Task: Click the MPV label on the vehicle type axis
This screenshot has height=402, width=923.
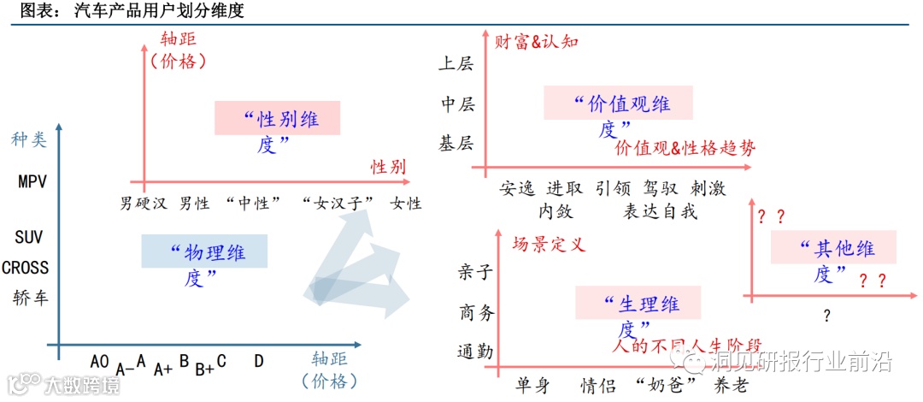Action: [x=31, y=182]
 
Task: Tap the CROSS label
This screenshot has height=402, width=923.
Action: [x=26, y=268]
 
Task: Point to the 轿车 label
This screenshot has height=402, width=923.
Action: [x=31, y=299]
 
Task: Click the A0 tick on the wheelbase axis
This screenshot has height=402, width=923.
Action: [x=99, y=362]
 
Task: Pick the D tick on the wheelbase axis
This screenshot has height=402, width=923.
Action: [x=258, y=362]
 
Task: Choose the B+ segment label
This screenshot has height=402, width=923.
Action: [x=204, y=369]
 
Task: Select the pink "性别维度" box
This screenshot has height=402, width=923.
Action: [x=277, y=130]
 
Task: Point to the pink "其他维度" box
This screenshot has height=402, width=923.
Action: [x=833, y=258]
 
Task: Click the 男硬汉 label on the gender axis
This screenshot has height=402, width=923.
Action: [x=144, y=204]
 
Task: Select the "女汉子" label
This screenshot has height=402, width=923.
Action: [x=339, y=204]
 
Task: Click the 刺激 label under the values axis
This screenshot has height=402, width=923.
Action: [x=708, y=188]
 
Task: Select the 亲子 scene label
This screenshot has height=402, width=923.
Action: [x=476, y=274]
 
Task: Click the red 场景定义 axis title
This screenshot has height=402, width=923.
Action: [x=548, y=245]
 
